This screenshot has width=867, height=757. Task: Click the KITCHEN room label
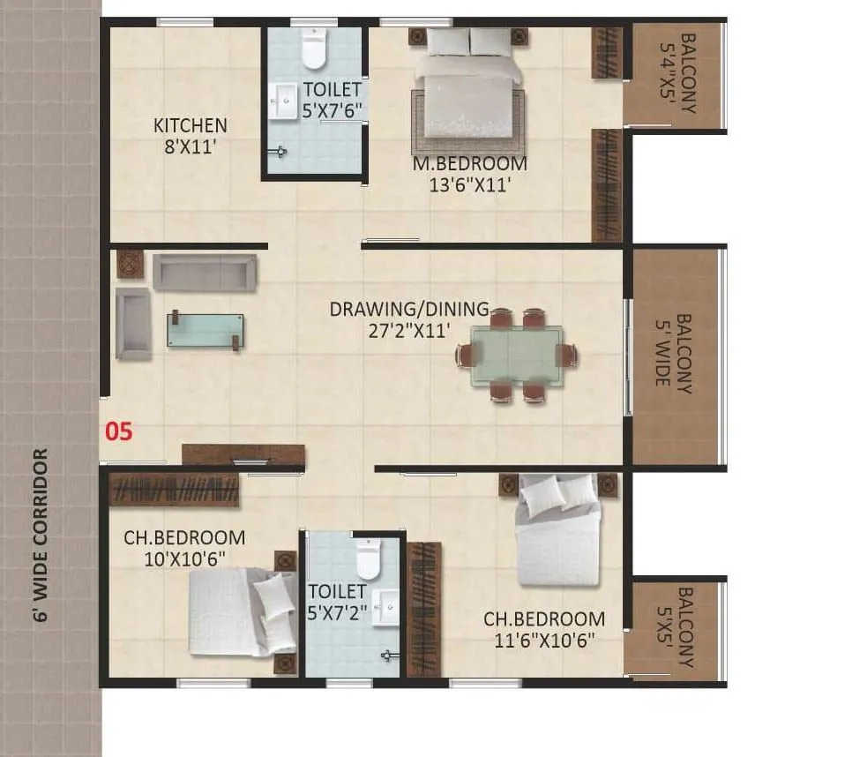(x=190, y=125)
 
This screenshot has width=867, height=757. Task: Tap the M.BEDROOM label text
(x=470, y=164)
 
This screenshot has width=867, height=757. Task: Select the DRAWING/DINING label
(x=408, y=310)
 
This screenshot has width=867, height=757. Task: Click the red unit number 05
(x=119, y=431)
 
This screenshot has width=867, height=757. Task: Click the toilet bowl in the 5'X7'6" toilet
(x=314, y=49)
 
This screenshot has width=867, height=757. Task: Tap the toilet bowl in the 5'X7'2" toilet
(x=368, y=559)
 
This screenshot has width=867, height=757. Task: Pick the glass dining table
(x=516, y=355)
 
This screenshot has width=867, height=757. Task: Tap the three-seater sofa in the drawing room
(x=205, y=273)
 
